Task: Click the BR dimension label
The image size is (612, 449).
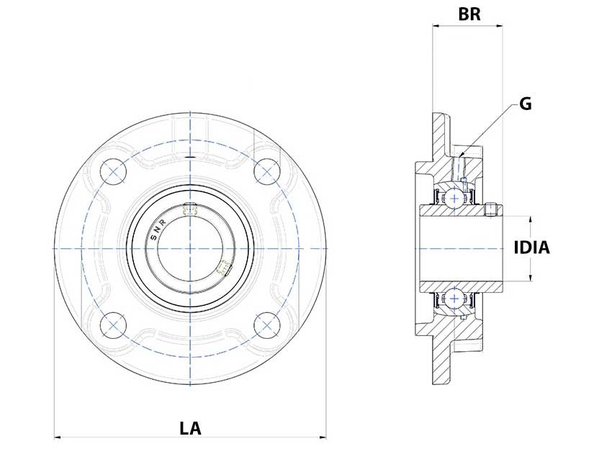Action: tap(469, 14)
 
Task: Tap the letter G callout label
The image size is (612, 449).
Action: tap(526, 104)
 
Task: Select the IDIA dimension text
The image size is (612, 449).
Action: tap(532, 248)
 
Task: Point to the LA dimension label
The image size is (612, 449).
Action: tap(190, 429)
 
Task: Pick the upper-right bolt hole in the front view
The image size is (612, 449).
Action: tap(267, 171)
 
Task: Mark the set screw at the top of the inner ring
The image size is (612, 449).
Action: tap(191, 209)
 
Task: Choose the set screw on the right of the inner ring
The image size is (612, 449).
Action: tap(223, 268)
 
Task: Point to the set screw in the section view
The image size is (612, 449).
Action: tap(492, 209)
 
